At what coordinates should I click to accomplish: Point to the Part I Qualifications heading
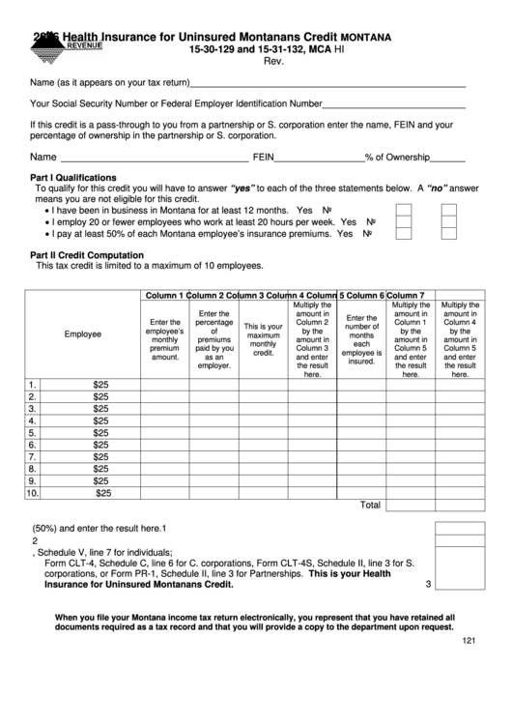[x=73, y=178]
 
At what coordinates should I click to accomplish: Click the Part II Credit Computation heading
[x=87, y=255]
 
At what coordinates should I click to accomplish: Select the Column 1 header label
[x=164, y=295]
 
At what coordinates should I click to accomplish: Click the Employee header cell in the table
[x=83, y=334]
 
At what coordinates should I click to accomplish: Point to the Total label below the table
[x=370, y=505]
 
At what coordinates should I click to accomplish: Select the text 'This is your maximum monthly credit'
[x=263, y=339]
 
